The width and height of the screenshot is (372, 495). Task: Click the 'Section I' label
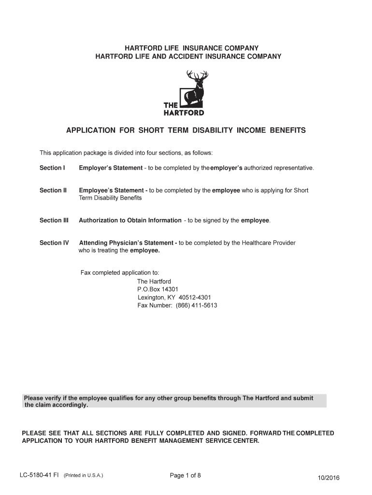pos(52,168)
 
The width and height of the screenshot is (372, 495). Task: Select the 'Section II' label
pos(53,190)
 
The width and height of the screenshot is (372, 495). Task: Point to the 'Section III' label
pos(54,220)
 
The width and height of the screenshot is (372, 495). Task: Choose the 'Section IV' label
pos(54,243)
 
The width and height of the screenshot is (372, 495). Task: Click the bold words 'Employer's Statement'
pos(111,168)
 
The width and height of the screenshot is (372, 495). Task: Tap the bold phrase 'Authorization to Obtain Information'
pos(130,220)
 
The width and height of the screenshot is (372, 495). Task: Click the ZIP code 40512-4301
pos(195,297)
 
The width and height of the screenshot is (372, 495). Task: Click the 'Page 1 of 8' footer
pos(185,475)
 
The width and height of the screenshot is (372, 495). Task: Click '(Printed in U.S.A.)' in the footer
pos(84,475)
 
